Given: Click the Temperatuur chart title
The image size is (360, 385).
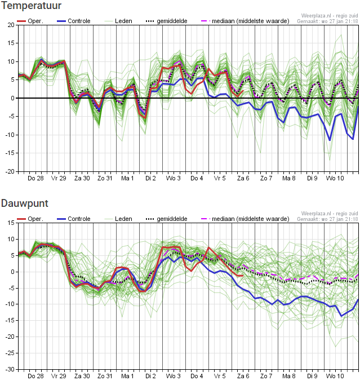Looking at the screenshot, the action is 31,6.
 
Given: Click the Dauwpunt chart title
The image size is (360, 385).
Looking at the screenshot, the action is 25,203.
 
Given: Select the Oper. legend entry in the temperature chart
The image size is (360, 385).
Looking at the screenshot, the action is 30,21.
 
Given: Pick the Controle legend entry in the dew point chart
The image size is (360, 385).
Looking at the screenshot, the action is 74,219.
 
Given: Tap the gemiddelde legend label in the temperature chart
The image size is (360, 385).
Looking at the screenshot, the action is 172,21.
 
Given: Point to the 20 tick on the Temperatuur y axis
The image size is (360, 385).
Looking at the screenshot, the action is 11,25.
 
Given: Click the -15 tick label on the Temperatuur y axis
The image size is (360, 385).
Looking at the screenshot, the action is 10,153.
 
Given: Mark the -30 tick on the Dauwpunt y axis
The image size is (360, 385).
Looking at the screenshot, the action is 10,369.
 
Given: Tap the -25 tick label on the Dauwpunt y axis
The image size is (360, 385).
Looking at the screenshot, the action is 10,353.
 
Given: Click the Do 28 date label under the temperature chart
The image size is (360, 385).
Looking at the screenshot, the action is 35,178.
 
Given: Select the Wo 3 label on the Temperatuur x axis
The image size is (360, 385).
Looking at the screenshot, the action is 174,178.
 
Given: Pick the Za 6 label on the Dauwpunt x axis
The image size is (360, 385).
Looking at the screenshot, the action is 243,376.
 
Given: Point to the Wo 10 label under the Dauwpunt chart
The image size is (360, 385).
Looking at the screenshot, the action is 335,376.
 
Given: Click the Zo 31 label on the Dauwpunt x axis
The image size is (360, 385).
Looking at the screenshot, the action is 105,376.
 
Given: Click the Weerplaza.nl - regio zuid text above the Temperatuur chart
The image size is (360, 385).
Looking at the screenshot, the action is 330,16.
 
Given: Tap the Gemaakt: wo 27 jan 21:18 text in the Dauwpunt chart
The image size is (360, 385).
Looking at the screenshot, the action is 328,219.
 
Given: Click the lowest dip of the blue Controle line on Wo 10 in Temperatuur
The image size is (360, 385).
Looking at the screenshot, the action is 330,140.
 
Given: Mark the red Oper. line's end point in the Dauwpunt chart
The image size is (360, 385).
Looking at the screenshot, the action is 243,276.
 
